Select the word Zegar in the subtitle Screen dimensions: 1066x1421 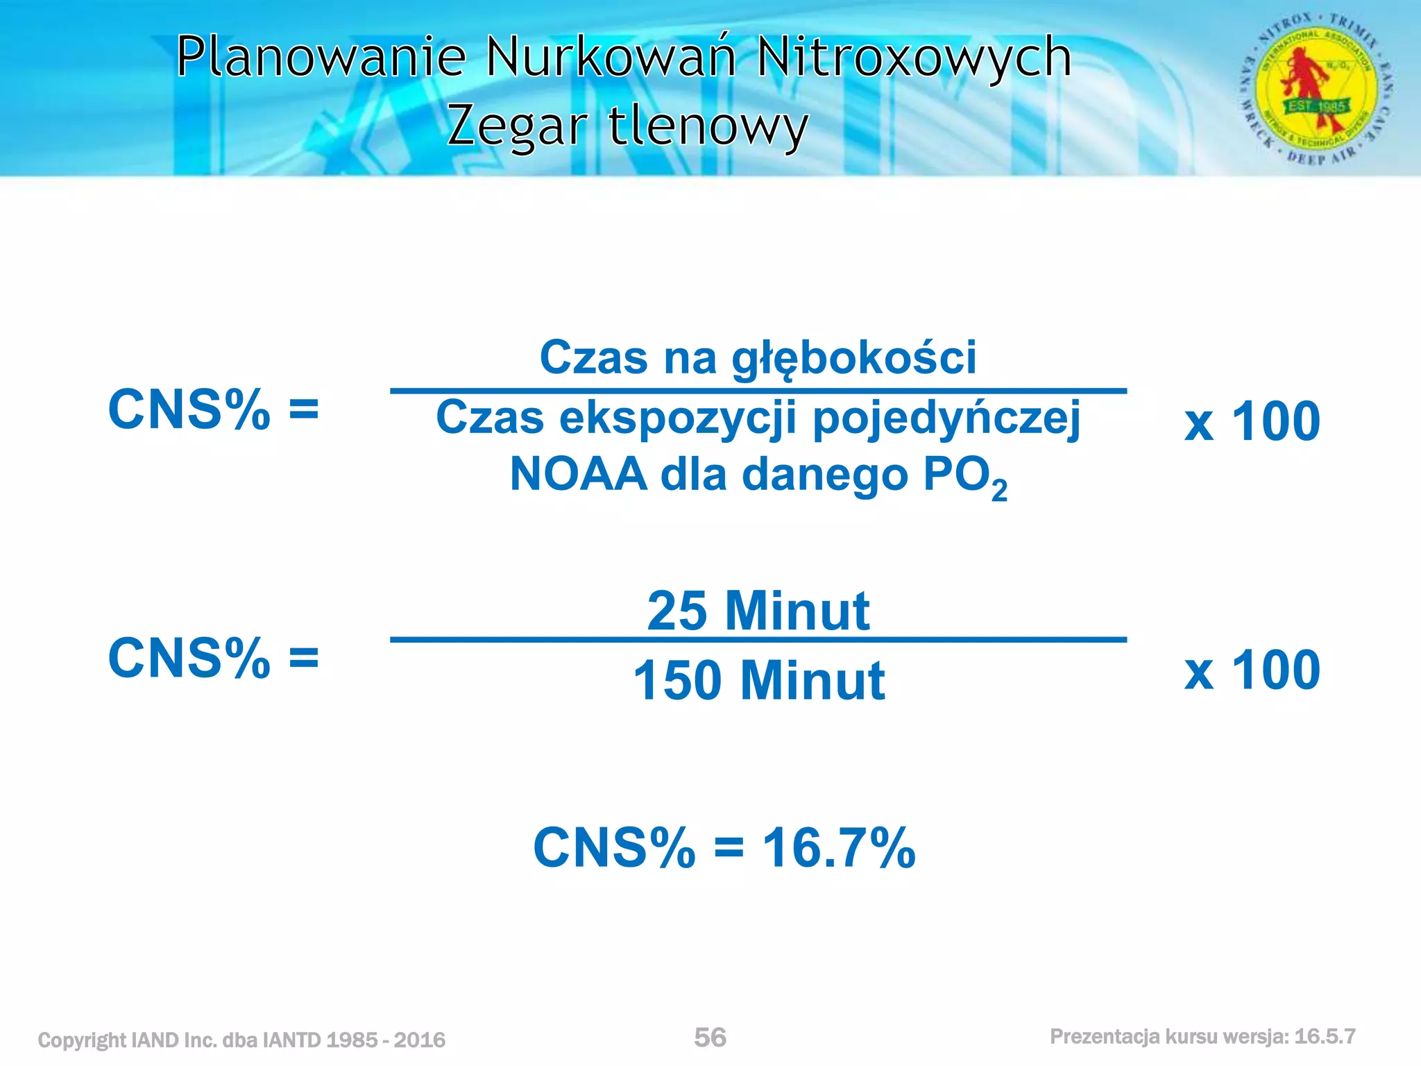(518, 128)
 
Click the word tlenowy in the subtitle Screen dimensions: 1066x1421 (708, 128)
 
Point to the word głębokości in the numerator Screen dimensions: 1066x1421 (854, 358)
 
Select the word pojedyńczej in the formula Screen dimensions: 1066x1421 (946, 419)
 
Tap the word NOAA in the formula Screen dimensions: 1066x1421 (578, 475)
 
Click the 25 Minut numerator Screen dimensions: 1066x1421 (758, 611)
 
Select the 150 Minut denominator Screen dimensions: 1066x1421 (758, 680)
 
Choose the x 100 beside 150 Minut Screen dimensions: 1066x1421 (1252, 670)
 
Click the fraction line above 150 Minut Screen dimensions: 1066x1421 (758, 639)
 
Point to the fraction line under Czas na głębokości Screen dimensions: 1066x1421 (758, 391)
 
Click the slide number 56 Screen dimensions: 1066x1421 (710, 1038)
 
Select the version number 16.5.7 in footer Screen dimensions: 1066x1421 (1325, 1037)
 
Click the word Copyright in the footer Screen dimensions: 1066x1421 (82, 1040)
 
